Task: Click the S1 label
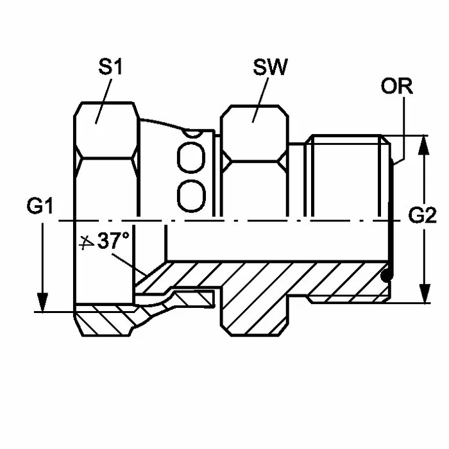[110, 67]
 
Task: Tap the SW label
[270, 67]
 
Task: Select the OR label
[396, 85]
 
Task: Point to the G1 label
[40, 206]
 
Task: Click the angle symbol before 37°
[86, 243]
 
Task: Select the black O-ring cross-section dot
[387, 275]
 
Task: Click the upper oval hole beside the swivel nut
[191, 158]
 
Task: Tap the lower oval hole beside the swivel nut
[191, 196]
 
